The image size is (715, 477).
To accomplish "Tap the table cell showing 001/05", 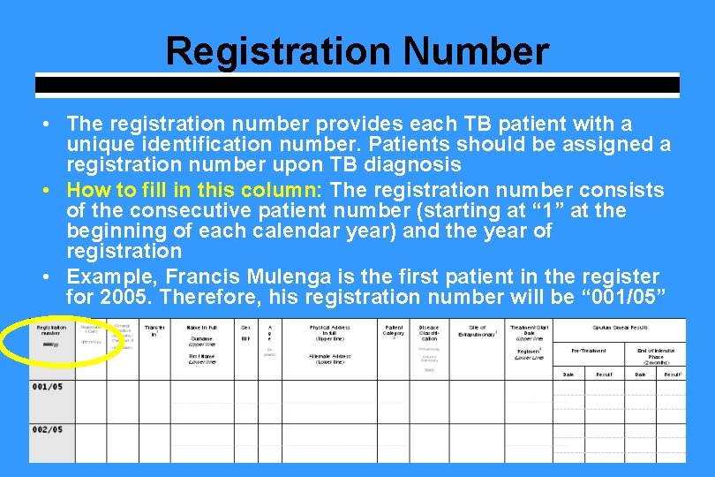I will pyautogui.click(x=48, y=387).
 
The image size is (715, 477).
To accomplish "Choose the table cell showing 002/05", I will pyautogui.click(x=48, y=429).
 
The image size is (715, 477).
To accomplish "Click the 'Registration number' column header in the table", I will pyautogui.click(x=52, y=329).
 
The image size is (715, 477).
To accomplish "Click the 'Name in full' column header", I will pyautogui.click(x=201, y=327).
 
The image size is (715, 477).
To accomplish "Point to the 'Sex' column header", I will pyautogui.click(x=245, y=327).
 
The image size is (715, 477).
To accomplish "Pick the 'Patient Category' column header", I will pyautogui.click(x=394, y=330).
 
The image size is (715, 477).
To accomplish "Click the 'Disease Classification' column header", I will pyautogui.click(x=429, y=333).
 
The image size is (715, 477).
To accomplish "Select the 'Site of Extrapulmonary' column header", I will pyautogui.click(x=478, y=330).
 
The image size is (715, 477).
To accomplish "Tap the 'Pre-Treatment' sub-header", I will pyautogui.click(x=589, y=351).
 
